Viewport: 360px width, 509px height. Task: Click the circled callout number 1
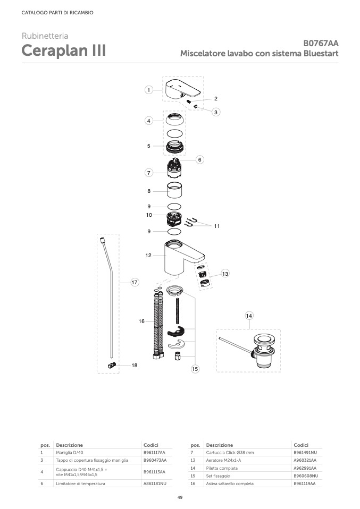149,90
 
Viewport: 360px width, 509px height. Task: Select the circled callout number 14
249,316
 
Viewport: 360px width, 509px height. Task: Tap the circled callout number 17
135,283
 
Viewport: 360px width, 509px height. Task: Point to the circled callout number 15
195,369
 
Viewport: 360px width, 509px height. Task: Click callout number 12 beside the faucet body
148,256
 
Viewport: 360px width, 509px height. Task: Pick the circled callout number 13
225,274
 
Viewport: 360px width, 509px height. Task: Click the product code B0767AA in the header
321,43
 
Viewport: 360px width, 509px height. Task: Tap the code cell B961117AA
154,453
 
